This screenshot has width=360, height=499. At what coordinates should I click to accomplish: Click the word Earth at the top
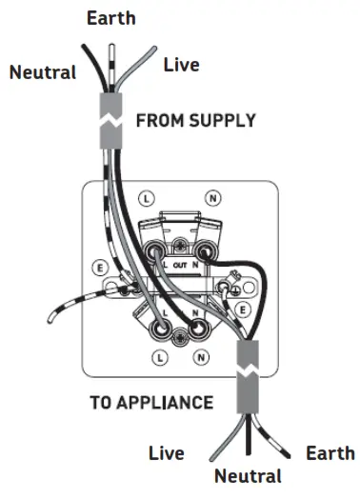(x=110, y=17)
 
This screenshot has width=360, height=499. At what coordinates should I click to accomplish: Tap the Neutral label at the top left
(x=43, y=71)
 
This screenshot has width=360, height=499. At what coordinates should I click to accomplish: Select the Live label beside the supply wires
(x=181, y=65)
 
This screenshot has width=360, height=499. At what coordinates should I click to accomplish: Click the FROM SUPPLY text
(x=195, y=121)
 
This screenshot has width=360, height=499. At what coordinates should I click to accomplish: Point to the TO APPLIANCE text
(x=151, y=402)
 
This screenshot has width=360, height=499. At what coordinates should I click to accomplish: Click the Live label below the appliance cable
(x=166, y=453)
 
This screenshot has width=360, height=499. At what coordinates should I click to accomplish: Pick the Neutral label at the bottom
(x=248, y=475)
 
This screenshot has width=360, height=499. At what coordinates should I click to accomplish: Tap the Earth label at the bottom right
(x=330, y=453)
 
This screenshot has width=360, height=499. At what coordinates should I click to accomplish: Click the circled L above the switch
(x=145, y=198)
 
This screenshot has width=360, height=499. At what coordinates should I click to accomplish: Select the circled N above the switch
(x=213, y=198)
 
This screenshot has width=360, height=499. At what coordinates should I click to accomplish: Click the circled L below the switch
(x=158, y=357)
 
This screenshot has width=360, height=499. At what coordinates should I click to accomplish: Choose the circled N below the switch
(x=200, y=357)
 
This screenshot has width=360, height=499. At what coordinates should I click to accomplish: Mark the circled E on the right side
(x=244, y=309)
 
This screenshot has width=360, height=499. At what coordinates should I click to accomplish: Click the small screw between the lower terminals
(x=178, y=332)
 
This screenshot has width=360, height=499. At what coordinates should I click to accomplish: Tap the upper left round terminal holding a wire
(x=158, y=253)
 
